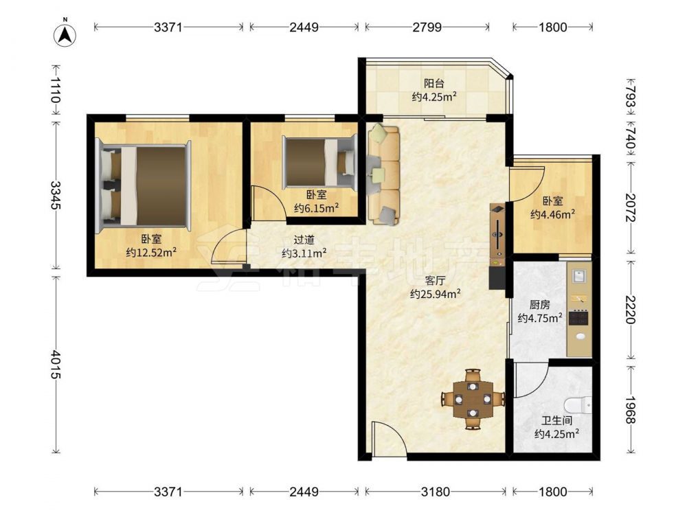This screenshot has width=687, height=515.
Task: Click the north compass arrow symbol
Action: tap(65, 34)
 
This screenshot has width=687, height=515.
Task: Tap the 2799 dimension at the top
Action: tap(427, 27)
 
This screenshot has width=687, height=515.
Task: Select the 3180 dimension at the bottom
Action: tap(435, 492)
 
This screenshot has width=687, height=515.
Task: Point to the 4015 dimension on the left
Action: tap(56, 365)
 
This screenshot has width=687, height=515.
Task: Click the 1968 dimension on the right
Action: tap(630, 410)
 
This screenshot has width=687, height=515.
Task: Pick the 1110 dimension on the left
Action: tap(56, 90)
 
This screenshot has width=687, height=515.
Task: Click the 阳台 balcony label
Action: tap(433, 83)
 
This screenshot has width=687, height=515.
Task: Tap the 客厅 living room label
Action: tap(435, 281)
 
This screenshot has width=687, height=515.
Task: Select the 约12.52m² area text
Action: tap(151, 252)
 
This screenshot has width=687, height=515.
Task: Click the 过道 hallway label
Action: tap(304, 240)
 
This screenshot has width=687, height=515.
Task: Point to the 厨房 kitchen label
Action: tap(539, 304)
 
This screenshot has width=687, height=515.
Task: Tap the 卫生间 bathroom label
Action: tap(556, 421)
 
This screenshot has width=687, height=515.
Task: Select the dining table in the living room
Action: tap(473, 399)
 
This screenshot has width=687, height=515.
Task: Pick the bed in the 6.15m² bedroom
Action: tap(319, 161)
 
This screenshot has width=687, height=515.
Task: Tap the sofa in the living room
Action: tap(383, 174)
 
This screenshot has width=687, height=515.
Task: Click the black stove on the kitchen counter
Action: tap(578, 317)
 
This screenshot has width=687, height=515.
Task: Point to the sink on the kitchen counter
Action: tap(578, 276)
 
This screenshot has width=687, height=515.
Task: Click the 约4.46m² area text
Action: tap(552, 214)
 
